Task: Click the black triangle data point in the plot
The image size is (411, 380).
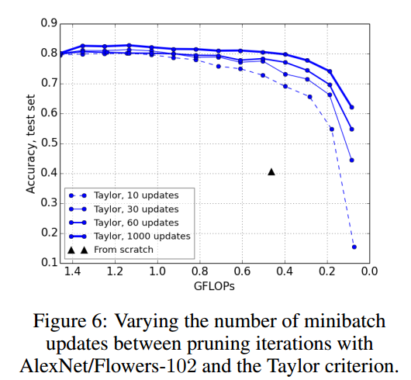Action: click(x=271, y=171)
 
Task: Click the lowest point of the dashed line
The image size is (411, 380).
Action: click(x=354, y=247)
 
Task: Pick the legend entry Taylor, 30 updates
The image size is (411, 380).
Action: click(x=136, y=209)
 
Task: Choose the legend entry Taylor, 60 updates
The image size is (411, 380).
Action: click(x=136, y=223)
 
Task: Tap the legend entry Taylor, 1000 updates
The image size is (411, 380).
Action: click(x=139, y=236)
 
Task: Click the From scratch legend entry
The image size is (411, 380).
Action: click(x=123, y=249)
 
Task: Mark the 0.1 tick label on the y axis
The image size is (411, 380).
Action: click(x=47, y=263)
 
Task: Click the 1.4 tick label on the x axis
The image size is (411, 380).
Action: click(x=72, y=273)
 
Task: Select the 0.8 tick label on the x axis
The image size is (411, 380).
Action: click(x=199, y=273)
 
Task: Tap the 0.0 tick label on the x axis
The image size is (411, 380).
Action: click(x=368, y=273)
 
